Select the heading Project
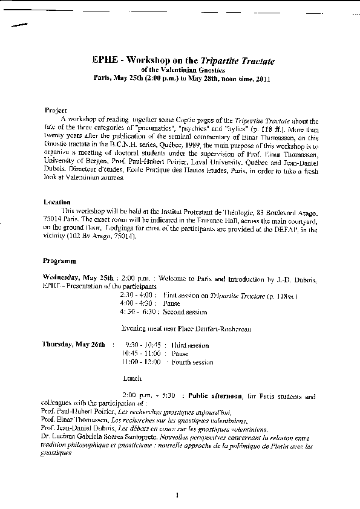point(56,111)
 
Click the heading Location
point(57,202)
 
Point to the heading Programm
point(59,261)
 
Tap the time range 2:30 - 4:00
point(135,295)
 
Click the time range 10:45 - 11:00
point(140,354)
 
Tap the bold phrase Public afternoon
point(215,397)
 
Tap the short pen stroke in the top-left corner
point(20,25)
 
